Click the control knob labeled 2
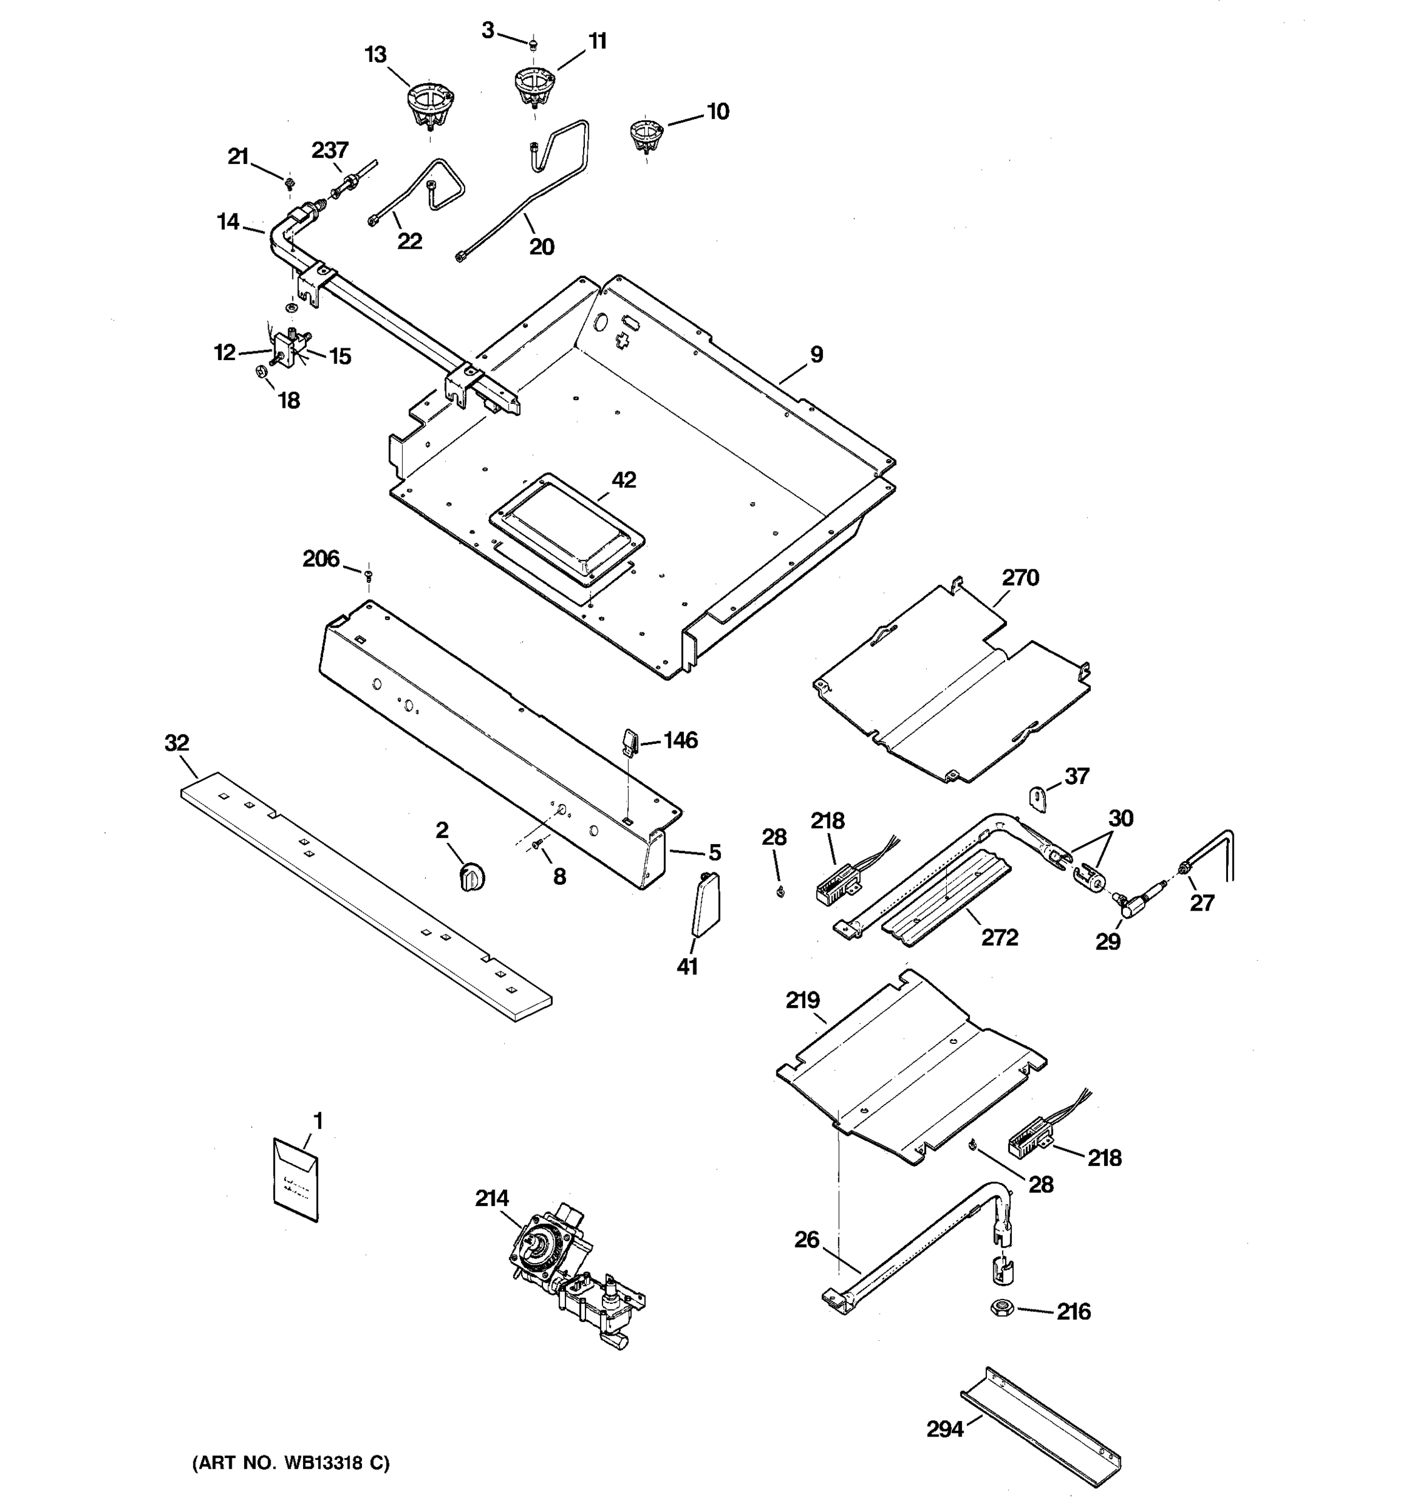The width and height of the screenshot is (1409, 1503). tap(472, 878)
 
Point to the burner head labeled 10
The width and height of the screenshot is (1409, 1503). tap(646, 135)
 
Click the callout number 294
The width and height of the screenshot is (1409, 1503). tap(945, 1429)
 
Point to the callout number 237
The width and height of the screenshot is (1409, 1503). tap(329, 150)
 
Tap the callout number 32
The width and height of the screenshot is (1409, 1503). tap(177, 743)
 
